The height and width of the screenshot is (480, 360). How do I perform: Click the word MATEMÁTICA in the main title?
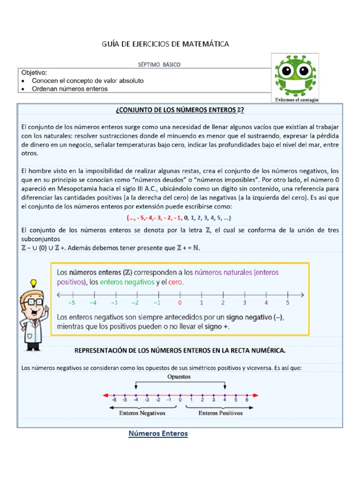pyautogui.click(x=205, y=44)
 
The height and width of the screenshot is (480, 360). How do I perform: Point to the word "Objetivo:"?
pyautogui.click(x=34, y=73)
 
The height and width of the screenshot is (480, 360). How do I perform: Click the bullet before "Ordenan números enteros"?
pyautogui.click(x=24, y=89)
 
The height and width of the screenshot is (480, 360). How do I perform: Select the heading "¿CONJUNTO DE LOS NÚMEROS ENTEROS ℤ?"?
pyautogui.click(x=180, y=110)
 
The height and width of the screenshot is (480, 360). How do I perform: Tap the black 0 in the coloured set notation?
pyautogui.click(x=186, y=218)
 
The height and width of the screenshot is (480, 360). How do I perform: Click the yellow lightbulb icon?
pyautogui.click(x=33, y=283)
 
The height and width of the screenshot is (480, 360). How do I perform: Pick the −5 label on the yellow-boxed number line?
pyautogui.click(x=72, y=303)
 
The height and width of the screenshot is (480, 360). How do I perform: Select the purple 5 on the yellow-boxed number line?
pyautogui.click(x=288, y=303)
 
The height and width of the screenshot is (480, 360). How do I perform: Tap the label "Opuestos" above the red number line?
pyautogui.click(x=180, y=376)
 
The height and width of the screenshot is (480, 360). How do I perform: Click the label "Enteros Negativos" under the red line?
pyautogui.click(x=138, y=413)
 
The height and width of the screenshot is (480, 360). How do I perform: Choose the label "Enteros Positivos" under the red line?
pyautogui.click(x=220, y=413)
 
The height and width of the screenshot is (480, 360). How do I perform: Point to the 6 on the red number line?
pyautogui.click(x=247, y=400)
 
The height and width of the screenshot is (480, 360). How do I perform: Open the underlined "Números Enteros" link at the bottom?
pyautogui.click(x=158, y=434)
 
